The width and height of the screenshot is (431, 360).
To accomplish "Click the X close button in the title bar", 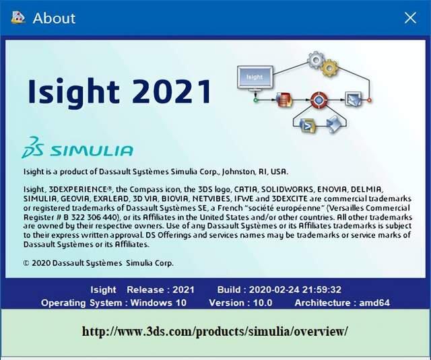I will [410, 18].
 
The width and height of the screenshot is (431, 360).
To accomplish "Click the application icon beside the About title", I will [15, 17].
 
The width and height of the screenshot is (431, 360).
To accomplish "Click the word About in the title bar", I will [55, 18].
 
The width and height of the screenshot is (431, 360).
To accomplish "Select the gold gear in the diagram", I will [330, 67].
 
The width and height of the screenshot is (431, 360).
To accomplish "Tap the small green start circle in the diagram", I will [256, 100].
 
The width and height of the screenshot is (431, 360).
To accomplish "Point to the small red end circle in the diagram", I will [369, 100].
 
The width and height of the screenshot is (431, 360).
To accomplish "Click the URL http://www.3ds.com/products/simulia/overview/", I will [215, 332].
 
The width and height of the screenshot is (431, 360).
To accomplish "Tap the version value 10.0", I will [259, 303].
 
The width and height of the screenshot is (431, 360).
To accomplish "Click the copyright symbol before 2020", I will [26, 263].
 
